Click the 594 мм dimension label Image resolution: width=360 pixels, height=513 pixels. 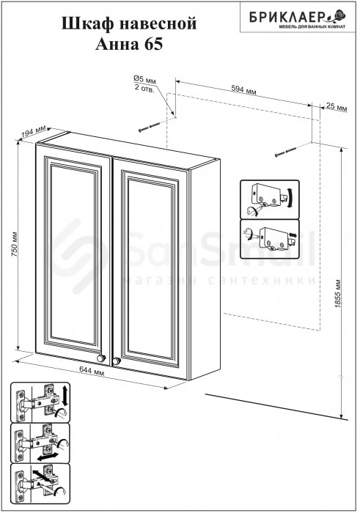(x=243, y=89)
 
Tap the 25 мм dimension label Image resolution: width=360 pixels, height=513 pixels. (x=337, y=107)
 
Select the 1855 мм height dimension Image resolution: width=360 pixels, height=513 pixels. (x=338, y=293)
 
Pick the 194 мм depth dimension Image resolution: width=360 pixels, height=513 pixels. (x=34, y=131)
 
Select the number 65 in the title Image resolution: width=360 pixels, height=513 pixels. (x=153, y=45)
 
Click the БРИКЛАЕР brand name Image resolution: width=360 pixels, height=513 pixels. (x=286, y=16)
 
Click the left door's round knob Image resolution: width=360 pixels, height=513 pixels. (x=101, y=358)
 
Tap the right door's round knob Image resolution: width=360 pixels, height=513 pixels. (x=117, y=361)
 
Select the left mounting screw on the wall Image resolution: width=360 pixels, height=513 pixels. (x=150, y=127)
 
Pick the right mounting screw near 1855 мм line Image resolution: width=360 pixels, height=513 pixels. (x=287, y=152)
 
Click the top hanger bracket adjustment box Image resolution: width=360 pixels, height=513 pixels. (x=270, y=199)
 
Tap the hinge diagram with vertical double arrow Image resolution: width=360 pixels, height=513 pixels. (x=40, y=402)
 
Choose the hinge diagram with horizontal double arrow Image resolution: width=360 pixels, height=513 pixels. (x=40, y=443)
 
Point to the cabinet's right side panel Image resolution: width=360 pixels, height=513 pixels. (x=205, y=268)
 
